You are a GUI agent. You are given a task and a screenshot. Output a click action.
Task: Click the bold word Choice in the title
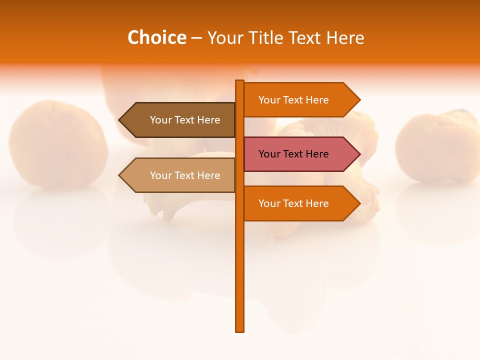pyautogui.click(x=156, y=37)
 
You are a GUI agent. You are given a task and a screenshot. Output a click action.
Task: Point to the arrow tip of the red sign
pyautogui.click(x=358, y=154)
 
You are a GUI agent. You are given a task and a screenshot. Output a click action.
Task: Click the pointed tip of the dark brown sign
pyautogui.click(x=120, y=120)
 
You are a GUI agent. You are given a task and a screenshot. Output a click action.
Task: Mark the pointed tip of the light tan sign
pyautogui.click(x=120, y=175)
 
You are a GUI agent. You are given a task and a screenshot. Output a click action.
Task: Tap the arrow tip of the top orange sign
pyautogui.click(x=358, y=100)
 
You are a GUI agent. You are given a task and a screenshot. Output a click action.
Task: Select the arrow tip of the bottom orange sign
pyautogui.click(x=358, y=203)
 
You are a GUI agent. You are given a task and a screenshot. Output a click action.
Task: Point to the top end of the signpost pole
pyautogui.click(x=240, y=82)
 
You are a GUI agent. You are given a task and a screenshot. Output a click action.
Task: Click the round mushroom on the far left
pyautogui.click(x=58, y=145)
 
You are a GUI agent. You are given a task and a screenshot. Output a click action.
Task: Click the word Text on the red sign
pyautogui.click(x=293, y=154)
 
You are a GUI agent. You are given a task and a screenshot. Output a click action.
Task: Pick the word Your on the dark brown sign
pyautogui.click(x=160, y=120)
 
